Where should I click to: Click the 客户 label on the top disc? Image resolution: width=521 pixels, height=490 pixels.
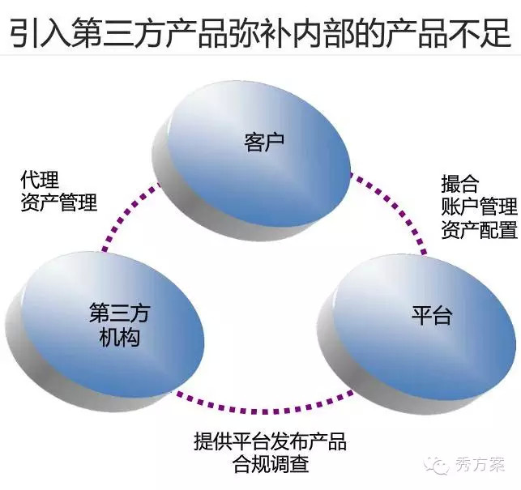point(264,143)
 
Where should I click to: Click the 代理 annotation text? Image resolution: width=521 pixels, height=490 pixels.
point(40,180)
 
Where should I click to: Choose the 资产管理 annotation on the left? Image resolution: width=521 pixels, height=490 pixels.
point(59,202)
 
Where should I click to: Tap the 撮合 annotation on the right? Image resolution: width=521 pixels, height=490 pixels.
point(460,184)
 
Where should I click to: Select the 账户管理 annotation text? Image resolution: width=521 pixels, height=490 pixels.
point(479,207)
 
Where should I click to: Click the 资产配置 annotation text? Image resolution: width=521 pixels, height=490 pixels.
point(479,229)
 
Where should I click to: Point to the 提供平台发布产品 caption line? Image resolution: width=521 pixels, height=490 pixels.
point(270,441)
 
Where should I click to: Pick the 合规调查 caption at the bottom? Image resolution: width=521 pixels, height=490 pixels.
point(271,463)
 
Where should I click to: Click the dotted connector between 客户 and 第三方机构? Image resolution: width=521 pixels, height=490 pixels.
point(127,215)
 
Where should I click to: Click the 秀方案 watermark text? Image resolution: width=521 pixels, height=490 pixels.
point(480,464)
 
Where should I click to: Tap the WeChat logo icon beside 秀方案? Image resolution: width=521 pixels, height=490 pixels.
point(437,464)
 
